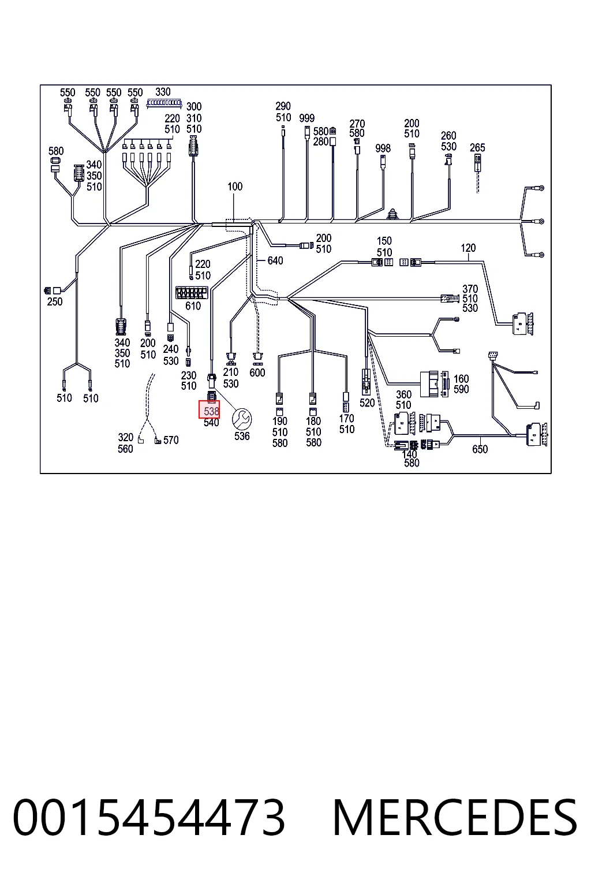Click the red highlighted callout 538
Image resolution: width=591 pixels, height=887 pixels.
tap(209, 409)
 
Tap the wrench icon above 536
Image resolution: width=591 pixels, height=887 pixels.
tap(242, 419)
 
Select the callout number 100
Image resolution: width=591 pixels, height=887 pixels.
tap(235, 187)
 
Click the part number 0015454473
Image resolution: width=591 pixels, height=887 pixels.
tap(149, 818)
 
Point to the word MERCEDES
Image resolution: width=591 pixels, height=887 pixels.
tap(455, 818)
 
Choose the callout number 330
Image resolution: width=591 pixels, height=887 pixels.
tap(163, 92)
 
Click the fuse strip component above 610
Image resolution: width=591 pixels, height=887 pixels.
tap(192, 293)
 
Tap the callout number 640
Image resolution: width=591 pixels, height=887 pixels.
tap(275, 260)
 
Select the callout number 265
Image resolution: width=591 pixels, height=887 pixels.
tap(477, 148)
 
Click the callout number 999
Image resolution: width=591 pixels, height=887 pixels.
tap(307, 118)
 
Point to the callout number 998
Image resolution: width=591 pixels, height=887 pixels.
tap(383, 148)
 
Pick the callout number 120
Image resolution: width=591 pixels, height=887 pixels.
tap(468, 248)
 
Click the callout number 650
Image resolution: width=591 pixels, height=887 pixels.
tap(480, 449)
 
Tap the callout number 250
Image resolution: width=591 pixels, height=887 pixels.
tap(55, 302)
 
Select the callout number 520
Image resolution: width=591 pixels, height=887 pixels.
tap(367, 402)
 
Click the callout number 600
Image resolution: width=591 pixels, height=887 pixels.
tap(257, 372)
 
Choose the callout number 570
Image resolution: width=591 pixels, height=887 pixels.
tap(171, 440)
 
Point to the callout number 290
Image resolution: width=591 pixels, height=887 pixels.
tap(283, 106)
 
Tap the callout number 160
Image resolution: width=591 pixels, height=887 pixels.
tap(461, 379)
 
